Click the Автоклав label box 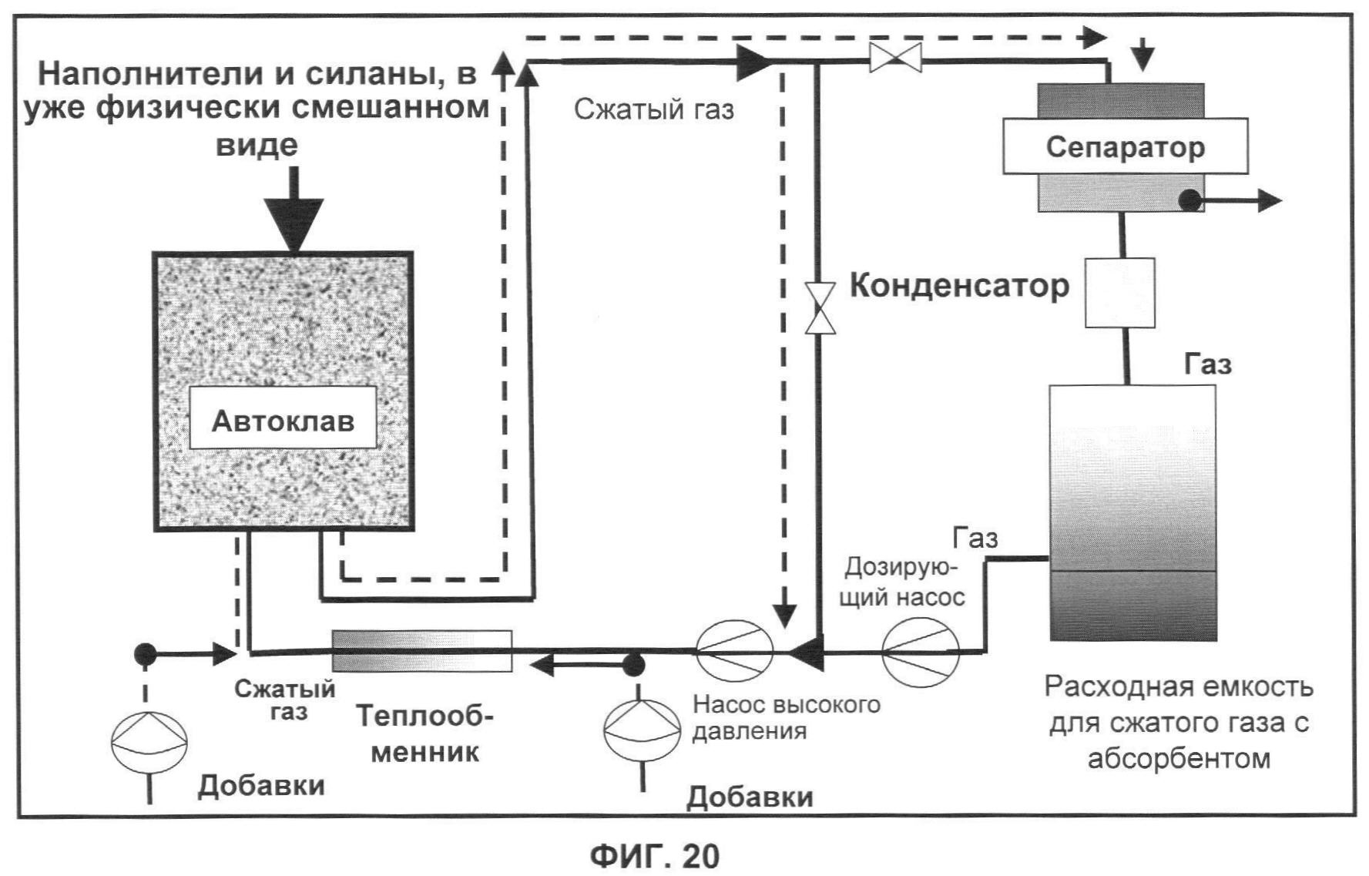click(x=283, y=419)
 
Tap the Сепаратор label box click(x=1125, y=146)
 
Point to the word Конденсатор click(x=959, y=286)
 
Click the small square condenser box click(x=1119, y=293)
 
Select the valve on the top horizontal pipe click(x=895, y=58)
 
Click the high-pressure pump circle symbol click(x=734, y=652)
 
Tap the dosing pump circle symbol click(x=921, y=653)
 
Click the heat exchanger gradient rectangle click(x=421, y=651)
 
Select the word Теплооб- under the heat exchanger click(x=424, y=717)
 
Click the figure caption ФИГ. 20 click(x=655, y=856)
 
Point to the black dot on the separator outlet click(x=1190, y=201)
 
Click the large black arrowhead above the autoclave click(x=294, y=223)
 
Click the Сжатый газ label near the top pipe click(x=653, y=109)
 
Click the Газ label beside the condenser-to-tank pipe click(x=1207, y=364)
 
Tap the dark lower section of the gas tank click(x=1133, y=606)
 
